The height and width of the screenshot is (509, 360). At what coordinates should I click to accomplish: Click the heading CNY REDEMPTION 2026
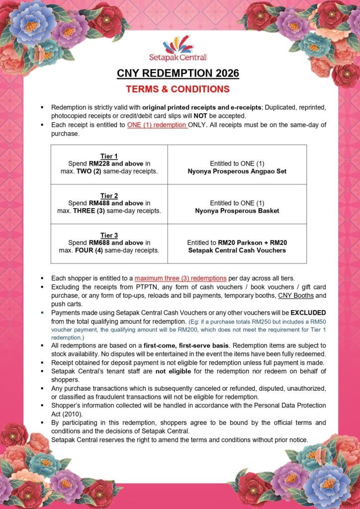(178, 74)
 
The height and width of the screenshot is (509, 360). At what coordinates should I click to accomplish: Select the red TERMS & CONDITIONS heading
(178, 89)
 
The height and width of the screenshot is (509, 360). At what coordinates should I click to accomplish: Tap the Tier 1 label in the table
(109, 156)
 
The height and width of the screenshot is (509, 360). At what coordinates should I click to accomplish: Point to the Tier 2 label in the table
(109, 196)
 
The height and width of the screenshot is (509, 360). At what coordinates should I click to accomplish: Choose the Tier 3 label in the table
(109, 235)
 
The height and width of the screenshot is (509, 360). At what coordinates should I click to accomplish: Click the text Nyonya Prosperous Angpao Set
(237, 171)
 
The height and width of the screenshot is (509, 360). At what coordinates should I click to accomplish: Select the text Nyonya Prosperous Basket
(237, 211)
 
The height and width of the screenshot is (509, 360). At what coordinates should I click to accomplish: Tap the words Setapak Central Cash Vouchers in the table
(237, 250)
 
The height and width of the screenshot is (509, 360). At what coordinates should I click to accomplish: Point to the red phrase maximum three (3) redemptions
(180, 278)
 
